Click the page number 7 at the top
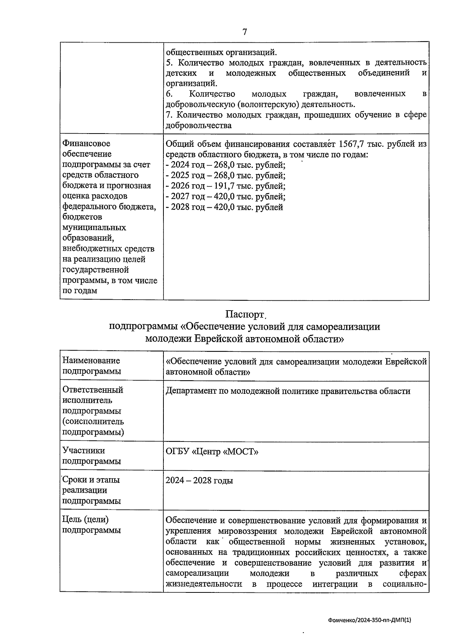(244, 32)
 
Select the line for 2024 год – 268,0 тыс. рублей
(226, 165)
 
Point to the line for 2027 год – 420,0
(226, 197)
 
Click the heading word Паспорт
(244, 315)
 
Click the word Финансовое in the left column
(86, 144)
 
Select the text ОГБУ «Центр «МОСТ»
(212, 452)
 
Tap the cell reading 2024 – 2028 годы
(199, 481)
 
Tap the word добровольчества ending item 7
(199, 126)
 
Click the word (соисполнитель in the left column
(93, 421)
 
